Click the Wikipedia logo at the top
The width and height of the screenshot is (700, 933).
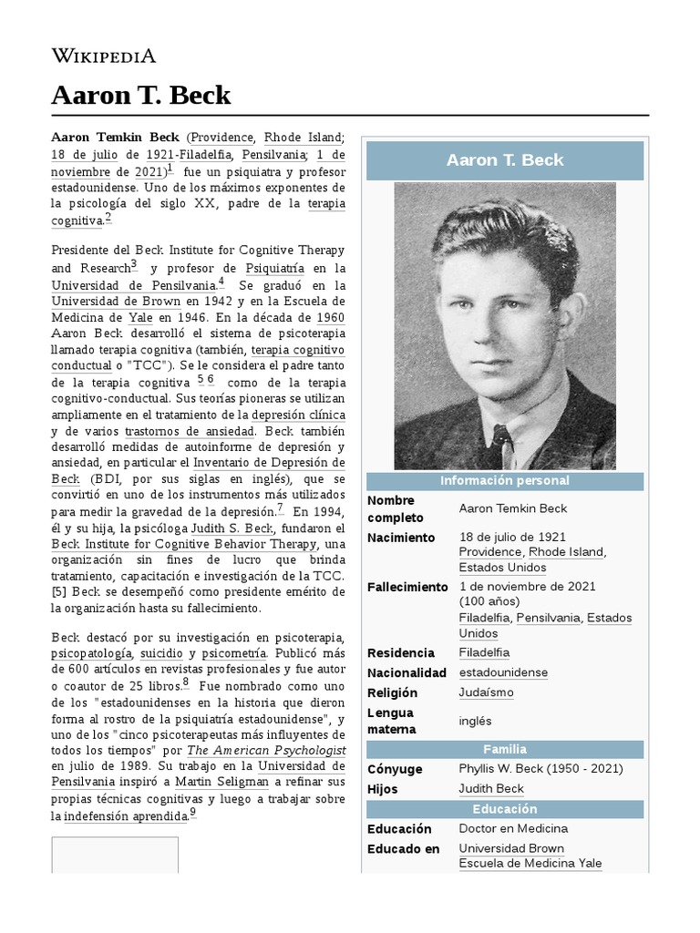103,56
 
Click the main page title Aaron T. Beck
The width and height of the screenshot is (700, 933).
141,95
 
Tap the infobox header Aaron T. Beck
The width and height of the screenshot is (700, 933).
504,160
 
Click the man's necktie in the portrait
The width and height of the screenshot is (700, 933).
499,446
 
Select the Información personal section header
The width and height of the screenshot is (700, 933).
504,480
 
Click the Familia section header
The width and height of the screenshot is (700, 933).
504,749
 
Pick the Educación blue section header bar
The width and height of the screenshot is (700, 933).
504,809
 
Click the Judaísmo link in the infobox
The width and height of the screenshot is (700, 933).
486,692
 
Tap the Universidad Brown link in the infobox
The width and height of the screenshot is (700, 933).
511,848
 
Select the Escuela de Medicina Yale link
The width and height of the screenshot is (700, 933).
530,864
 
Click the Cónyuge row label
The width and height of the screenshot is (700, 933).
395,769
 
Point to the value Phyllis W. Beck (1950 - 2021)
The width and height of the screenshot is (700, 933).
540,769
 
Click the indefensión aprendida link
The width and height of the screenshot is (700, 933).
125,815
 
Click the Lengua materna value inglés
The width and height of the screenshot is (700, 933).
475,721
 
